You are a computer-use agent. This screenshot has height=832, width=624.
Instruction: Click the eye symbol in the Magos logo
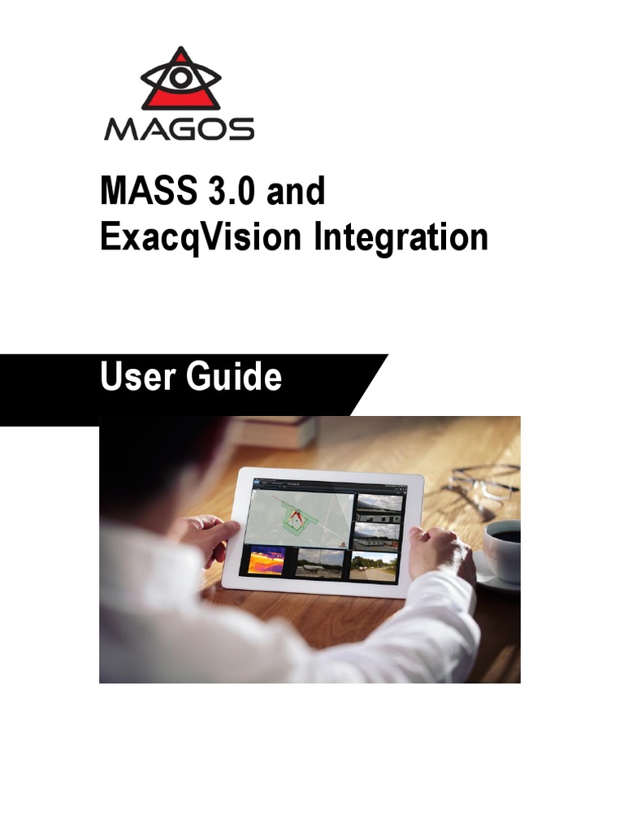[x=180, y=76]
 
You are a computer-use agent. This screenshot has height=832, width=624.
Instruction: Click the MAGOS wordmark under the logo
[x=180, y=129]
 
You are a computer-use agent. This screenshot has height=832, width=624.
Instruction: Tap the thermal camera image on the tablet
[x=266, y=561]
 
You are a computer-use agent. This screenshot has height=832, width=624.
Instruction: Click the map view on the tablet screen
[x=301, y=515]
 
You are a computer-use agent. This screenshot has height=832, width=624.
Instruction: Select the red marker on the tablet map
[x=297, y=515]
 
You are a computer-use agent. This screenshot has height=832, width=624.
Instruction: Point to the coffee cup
[x=505, y=548]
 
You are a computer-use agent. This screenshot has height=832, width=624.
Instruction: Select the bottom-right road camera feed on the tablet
[x=374, y=565]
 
